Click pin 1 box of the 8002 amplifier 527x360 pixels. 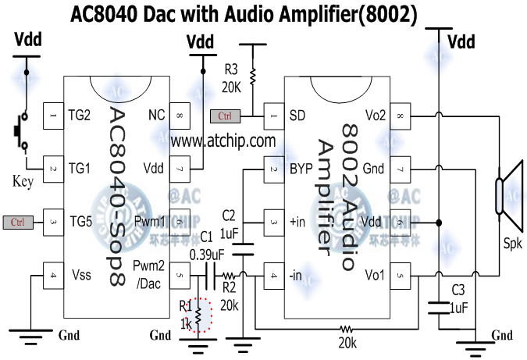[273, 116]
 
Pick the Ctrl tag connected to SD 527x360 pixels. [225, 116]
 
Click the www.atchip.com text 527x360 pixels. [223, 141]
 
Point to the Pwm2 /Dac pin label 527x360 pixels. [148, 273]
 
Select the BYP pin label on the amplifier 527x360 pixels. [301, 169]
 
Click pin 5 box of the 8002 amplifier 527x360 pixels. [401, 275]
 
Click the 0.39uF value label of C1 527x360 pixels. [207, 253]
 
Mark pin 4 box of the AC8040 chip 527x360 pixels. [53, 275]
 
